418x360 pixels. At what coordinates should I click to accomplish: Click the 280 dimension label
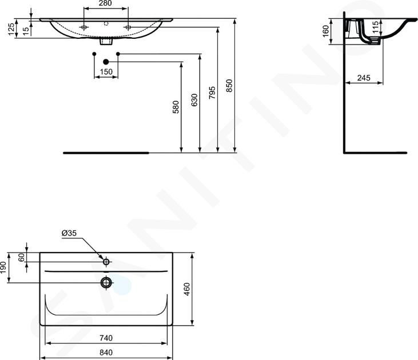click(x=105, y=3)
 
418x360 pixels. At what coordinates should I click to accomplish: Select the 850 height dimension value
click(x=229, y=86)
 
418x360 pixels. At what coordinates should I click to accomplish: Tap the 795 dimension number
click(x=212, y=93)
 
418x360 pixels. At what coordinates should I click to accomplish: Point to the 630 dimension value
click(x=194, y=100)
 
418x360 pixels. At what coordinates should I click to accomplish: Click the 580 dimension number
click(x=176, y=107)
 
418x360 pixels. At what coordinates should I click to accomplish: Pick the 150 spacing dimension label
click(x=106, y=71)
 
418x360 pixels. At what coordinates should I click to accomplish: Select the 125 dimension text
click(x=11, y=29)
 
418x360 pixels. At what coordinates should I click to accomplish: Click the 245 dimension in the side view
click(x=364, y=78)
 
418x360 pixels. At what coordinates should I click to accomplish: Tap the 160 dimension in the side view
click(x=326, y=31)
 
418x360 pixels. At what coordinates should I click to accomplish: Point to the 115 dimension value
click(x=375, y=27)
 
